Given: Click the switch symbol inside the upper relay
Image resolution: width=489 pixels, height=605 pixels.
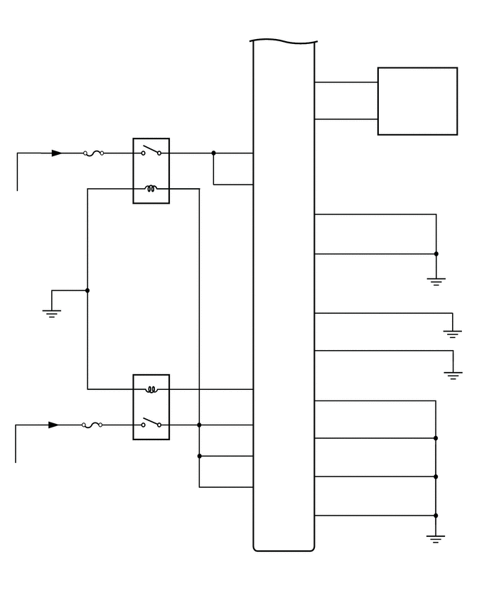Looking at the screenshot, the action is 151,151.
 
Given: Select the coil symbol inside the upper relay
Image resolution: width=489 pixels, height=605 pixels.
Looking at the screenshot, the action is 151,189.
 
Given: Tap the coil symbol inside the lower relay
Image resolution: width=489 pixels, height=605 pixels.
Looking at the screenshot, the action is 151,389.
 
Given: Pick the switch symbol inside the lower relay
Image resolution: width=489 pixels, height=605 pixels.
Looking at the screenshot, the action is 151,423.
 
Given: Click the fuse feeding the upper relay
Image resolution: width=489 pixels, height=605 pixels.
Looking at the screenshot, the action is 94,153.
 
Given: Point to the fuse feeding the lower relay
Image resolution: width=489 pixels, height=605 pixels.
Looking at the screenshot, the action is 92,425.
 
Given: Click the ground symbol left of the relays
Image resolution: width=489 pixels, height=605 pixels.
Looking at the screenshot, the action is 51,312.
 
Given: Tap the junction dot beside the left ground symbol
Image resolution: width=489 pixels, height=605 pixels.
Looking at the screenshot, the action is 87,290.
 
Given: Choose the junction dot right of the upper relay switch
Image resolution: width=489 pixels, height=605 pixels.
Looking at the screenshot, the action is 213,153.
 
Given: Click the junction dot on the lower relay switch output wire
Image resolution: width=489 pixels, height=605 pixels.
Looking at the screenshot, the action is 199,425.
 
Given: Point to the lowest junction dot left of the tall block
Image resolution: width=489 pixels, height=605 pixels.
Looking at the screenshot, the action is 199,456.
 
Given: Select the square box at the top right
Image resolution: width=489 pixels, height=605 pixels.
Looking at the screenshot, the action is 417,101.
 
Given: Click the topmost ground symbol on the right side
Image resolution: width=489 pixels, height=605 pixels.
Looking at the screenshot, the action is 436,281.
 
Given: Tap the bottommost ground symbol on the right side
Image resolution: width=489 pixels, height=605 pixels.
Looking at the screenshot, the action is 436,539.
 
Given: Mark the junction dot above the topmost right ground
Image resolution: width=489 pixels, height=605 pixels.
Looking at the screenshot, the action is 436,254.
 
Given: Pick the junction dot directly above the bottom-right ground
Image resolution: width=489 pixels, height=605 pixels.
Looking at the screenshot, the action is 436,516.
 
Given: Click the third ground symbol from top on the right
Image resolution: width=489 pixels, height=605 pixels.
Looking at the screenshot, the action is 453,375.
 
